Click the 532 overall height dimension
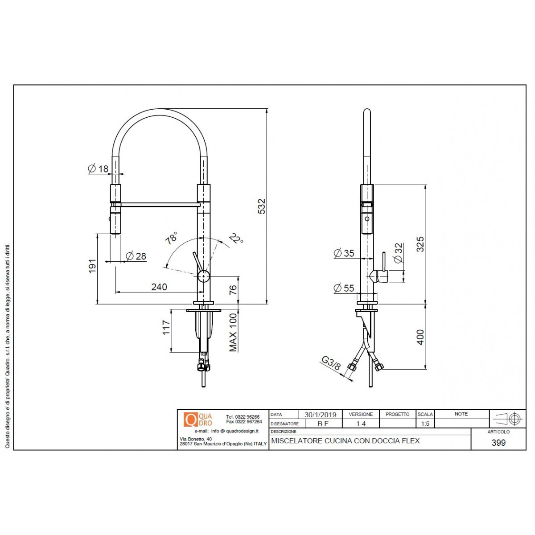point(262,206)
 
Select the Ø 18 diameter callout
point(99,169)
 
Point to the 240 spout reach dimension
point(159,287)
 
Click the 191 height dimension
point(92,266)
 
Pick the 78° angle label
point(171,238)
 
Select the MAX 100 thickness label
point(233,333)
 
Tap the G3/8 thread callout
point(331,363)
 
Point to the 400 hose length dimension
point(420,337)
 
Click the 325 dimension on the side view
point(420,244)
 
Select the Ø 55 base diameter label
point(344,288)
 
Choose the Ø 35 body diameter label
point(344,253)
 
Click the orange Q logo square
point(190,420)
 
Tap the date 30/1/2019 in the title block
point(320,415)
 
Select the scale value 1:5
point(425,424)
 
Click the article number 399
point(498,443)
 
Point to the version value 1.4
point(361,424)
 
